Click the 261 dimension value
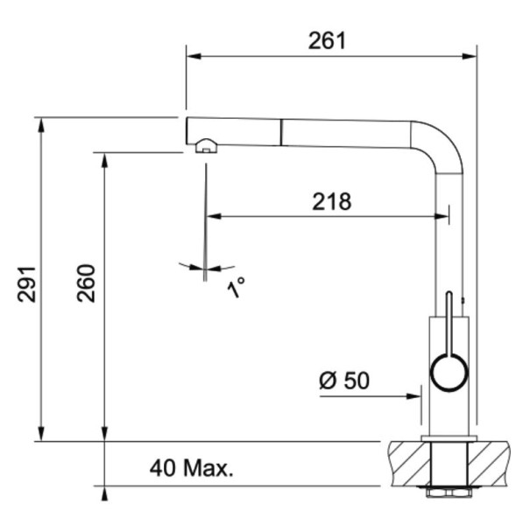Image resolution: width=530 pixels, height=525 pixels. click(327, 40)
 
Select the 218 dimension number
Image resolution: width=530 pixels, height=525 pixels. click(332, 201)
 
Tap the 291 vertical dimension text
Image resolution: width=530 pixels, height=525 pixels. click(26, 284)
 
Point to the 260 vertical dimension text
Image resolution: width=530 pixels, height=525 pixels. click(86, 283)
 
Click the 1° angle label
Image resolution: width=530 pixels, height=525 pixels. click(236, 287)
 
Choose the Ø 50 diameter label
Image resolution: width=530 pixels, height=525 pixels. click(344, 380)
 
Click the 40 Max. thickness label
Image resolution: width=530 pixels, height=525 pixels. click(191, 468)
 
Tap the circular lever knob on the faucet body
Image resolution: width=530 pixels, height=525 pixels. click(449, 373)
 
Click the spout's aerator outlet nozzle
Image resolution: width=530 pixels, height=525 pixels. click(207, 146)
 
